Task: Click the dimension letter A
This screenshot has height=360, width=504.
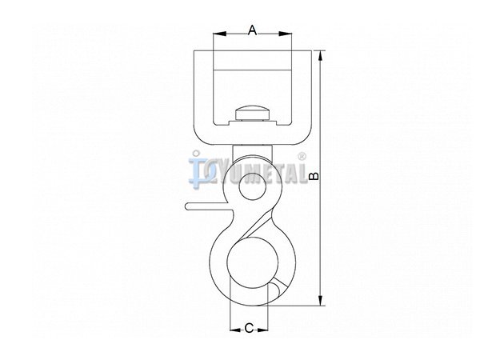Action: tap(253, 31)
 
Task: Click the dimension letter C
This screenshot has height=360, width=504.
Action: tap(249, 329)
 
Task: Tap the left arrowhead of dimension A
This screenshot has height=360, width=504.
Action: tap(220, 34)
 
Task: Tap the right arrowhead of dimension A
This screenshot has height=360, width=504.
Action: tap(285, 34)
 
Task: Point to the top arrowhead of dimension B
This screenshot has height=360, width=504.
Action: tap(321, 57)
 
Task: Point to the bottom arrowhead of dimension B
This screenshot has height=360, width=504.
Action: tap(321, 299)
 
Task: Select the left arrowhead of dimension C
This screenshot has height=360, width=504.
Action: tap(236, 330)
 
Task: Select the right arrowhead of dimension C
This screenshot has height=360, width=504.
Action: tap(262, 330)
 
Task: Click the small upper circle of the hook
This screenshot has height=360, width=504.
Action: tap(253, 186)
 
